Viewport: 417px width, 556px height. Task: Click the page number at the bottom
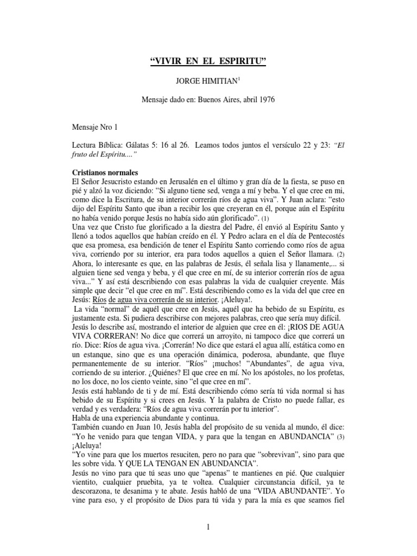[x=208, y=526]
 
